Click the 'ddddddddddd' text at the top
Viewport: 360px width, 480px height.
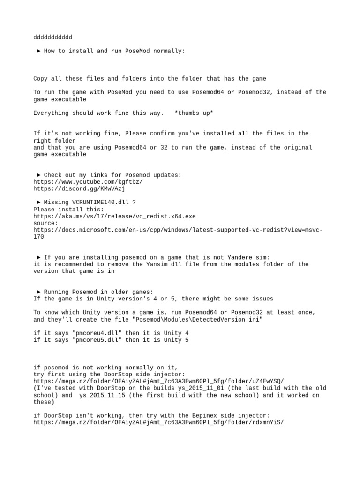point(53,37)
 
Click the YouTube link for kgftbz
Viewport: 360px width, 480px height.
point(88,182)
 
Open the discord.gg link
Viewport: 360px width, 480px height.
point(79,188)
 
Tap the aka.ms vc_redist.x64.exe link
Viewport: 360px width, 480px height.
point(114,216)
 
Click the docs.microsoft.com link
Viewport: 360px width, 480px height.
point(178,230)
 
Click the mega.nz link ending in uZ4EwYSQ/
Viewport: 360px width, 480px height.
point(158,381)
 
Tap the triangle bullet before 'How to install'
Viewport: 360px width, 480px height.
point(38,51)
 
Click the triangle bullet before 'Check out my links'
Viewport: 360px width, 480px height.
point(38,175)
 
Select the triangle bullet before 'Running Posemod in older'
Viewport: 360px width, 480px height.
point(38,292)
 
